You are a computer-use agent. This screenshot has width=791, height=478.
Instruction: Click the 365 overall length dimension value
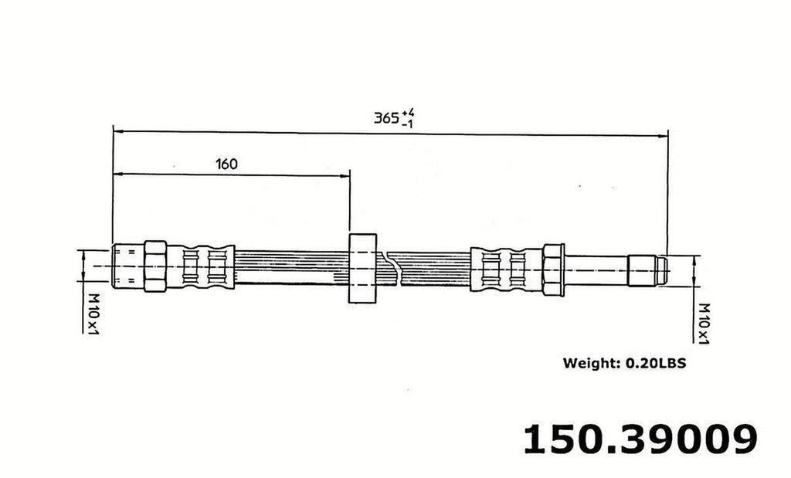tap(386, 118)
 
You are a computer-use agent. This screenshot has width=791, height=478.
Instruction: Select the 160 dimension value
tap(226, 164)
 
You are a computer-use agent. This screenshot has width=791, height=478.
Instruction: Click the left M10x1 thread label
tap(92, 313)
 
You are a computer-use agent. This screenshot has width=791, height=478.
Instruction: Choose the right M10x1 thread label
tap(703, 322)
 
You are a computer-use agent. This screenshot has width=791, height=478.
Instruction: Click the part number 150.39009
tap(640, 439)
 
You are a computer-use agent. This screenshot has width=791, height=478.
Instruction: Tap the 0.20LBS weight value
tap(656, 362)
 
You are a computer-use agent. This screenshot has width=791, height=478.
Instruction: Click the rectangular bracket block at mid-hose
tap(362, 267)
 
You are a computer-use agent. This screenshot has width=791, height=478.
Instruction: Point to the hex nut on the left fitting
tap(155, 266)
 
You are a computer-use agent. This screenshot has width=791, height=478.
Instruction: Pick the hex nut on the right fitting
tap(553, 269)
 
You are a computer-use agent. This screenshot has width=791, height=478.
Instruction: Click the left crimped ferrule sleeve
tap(201, 267)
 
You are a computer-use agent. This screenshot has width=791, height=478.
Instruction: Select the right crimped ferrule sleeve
tap(506, 269)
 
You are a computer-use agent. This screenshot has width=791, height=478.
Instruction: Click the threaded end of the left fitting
tap(127, 266)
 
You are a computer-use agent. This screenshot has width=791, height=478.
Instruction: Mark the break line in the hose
tap(395, 266)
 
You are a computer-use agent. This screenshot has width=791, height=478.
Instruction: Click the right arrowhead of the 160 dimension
tap(345, 176)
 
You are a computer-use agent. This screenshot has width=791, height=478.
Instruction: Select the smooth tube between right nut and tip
tap(596, 270)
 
